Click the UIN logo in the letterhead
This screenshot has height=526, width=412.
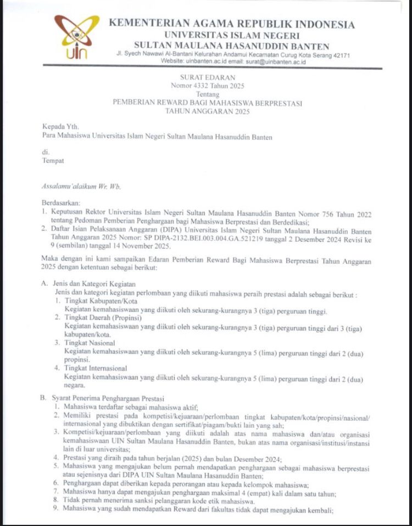click(x=76, y=37)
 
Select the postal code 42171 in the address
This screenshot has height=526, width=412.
click(x=339, y=55)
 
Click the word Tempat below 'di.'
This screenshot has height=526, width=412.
click(x=53, y=161)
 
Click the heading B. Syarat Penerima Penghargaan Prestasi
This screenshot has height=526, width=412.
click(x=105, y=399)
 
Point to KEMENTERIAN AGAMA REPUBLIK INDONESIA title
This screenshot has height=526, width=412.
click(x=231, y=24)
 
